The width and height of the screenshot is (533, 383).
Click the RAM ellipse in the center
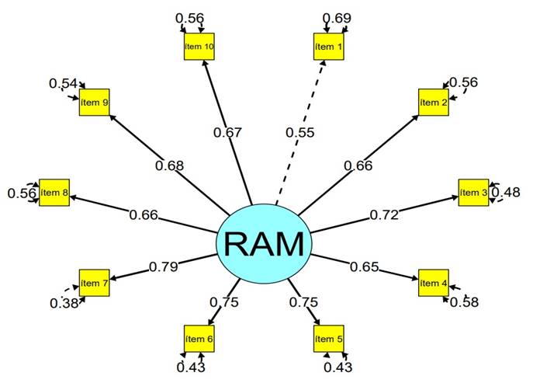[264, 244]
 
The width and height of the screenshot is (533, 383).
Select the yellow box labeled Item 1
[327, 47]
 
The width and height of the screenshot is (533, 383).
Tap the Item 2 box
[433, 103]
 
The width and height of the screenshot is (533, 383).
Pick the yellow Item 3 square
[472, 192]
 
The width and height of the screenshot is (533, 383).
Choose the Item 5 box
[327, 339]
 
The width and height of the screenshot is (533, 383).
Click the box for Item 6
[199, 339]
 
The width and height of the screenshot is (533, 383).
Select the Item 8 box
[54, 192]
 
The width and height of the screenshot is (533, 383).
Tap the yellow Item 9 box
[94, 103]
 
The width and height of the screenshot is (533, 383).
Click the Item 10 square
[199, 47]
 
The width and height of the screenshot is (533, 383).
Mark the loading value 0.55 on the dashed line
[299, 133]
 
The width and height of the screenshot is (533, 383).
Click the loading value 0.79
[163, 267]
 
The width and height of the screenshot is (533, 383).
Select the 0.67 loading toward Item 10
[228, 133]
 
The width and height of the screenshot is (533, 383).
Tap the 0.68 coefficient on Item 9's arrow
[170, 165]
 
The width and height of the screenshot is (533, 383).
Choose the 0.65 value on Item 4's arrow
[365, 267]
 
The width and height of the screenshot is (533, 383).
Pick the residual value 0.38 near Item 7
[65, 303]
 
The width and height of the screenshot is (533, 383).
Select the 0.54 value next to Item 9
[63, 83]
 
